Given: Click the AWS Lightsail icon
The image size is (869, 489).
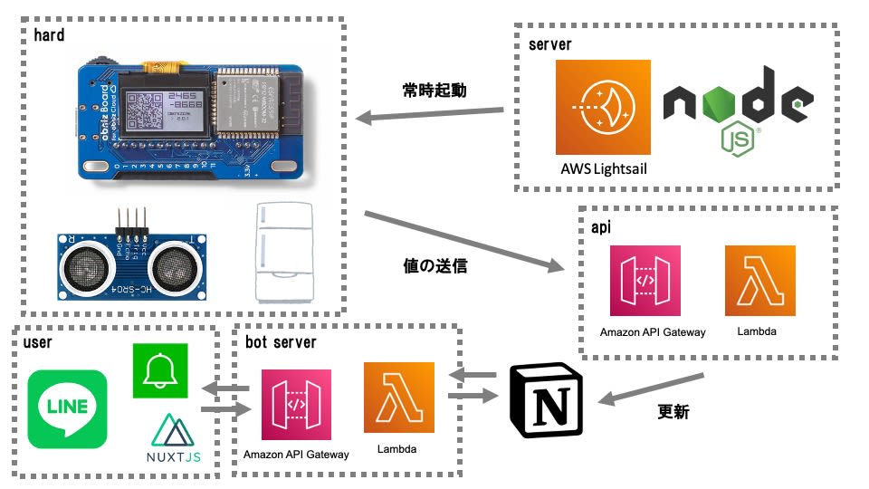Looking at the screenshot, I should (604, 106).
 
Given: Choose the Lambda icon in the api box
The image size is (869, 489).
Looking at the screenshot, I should (759, 281).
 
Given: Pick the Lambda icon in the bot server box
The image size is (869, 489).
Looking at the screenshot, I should (399, 398).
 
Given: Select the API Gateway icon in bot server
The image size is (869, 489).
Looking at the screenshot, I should (296, 404).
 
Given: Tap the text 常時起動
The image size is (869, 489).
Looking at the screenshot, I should (435, 91).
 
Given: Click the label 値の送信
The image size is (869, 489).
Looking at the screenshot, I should (434, 266).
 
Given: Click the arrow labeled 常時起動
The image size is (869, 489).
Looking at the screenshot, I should (431, 115).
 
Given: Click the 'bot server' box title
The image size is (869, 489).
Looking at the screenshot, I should (281, 342).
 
